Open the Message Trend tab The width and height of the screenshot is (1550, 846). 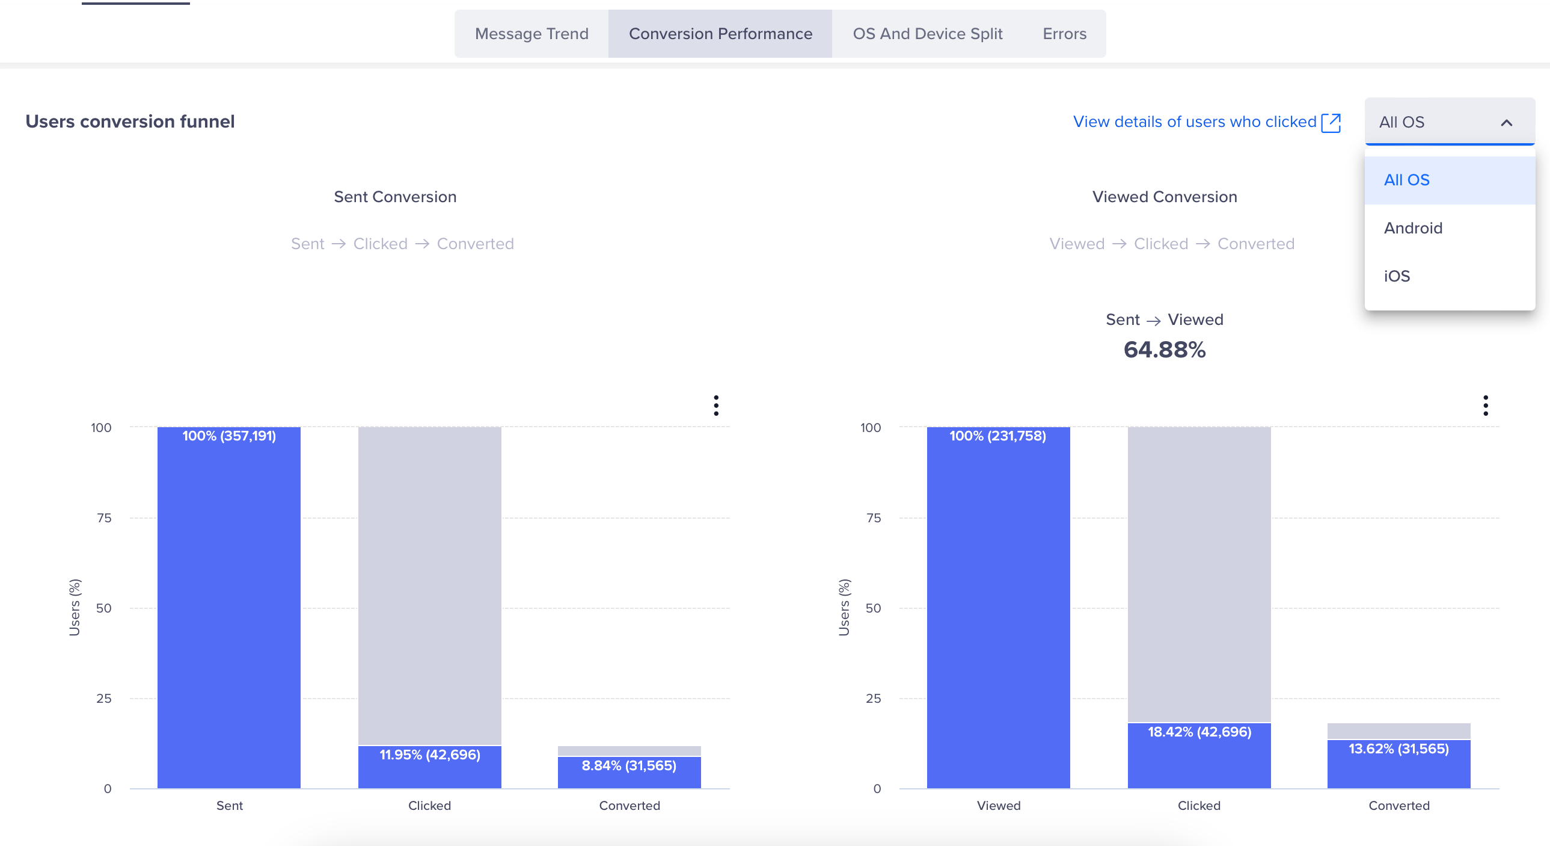(x=531, y=34)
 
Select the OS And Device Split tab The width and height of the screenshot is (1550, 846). (x=927, y=34)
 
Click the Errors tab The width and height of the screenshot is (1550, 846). (x=1064, y=34)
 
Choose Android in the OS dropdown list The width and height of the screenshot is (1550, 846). (x=1413, y=228)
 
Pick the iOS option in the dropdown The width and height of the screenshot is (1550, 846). (x=1397, y=276)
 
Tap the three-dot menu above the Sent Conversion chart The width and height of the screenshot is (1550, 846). (x=715, y=406)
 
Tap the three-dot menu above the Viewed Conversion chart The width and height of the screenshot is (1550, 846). (x=1485, y=406)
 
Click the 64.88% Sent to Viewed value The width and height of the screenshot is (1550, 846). (x=1165, y=350)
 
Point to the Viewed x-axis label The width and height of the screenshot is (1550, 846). (x=998, y=806)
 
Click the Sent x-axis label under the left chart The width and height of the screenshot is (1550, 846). (x=229, y=806)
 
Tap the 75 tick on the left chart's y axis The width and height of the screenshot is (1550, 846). (x=104, y=518)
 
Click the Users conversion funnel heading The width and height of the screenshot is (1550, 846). (x=130, y=122)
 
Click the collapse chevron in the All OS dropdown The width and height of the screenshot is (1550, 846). (x=1506, y=123)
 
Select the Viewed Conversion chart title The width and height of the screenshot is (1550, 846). (x=1165, y=197)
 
